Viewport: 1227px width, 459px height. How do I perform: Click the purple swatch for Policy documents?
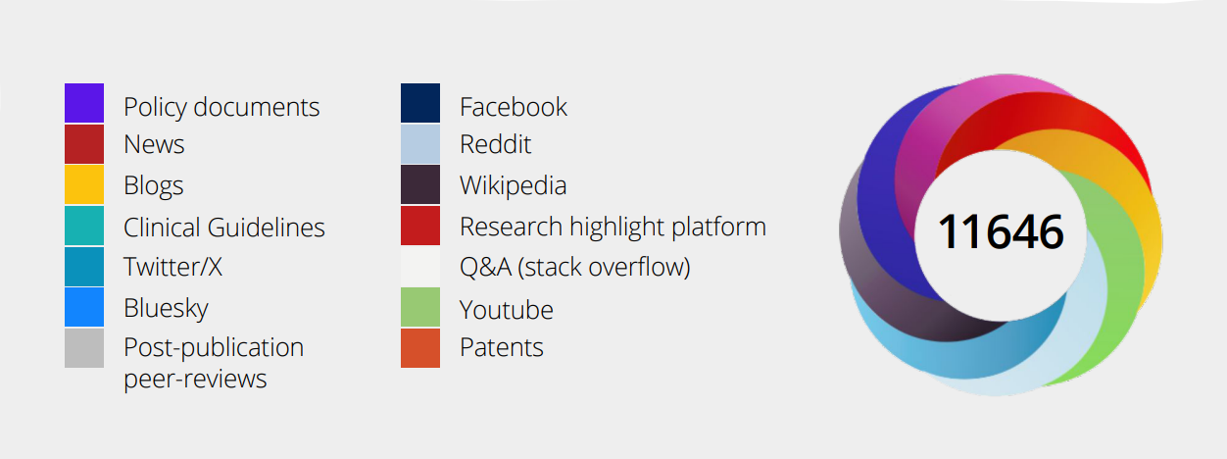coord(84,103)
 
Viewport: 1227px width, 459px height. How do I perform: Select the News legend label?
coord(154,145)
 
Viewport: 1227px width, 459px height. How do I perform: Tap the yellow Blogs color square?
coord(84,184)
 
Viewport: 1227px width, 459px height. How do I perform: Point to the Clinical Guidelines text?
coord(224,227)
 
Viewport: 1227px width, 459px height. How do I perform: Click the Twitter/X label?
coord(173,267)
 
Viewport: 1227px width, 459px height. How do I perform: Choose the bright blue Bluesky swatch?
coord(84,307)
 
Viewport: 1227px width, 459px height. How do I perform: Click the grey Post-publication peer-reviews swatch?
coord(84,347)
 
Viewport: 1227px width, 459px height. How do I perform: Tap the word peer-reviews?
coord(195,379)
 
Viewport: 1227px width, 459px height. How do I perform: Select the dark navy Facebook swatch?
coord(420,103)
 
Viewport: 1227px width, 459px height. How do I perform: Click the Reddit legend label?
coord(495,145)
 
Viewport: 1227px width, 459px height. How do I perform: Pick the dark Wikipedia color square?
coord(420,184)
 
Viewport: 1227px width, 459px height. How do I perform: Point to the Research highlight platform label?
coord(613,227)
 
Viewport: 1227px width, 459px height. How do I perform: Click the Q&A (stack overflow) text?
coord(575,267)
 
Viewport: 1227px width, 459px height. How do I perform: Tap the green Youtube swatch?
coord(420,307)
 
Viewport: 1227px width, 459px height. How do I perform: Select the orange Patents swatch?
coord(420,347)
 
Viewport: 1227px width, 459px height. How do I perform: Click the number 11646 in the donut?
coord(1001,232)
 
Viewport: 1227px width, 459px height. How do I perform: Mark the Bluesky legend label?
coord(166,308)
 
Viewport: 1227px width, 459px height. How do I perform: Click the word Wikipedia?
coord(514,185)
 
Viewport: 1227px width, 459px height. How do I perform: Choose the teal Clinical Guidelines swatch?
coord(84,226)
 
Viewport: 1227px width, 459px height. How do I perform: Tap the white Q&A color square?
coord(420,267)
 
